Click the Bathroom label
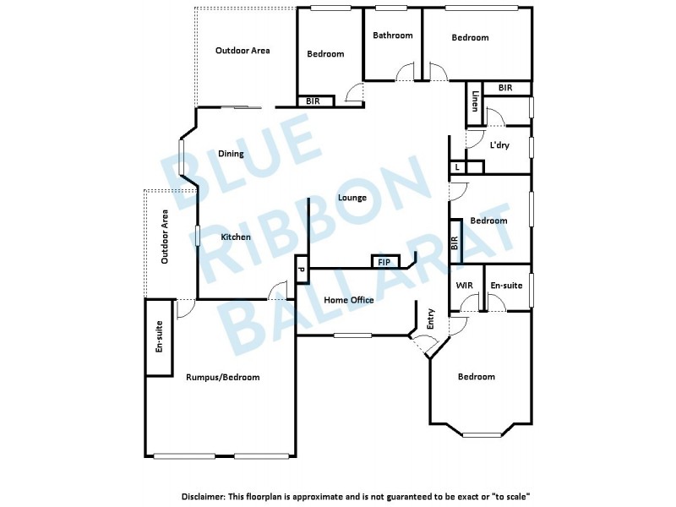pyautogui.click(x=393, y=35)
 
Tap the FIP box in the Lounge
pyautogui.click(x=384, y=263)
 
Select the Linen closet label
pyautogui.click(x=476, y=102)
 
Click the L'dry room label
pyautogui.click(x=499, y=145)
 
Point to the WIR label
pyautogui.click(x=465, y=286)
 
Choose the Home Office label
pyautogui.click(x=349, y=300)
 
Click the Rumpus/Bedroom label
pyautogui.click(x=222, y=377)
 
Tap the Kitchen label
pyautogui.click(x=236, y=237)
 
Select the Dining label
pyautogui.click(x=231, y=154)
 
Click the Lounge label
pyautogui.click(x=352, y=198)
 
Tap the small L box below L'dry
pyautogui.click(x=457, y=167)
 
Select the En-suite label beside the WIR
pyautogui.click(x=506, y=286)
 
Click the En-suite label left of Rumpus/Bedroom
pyautogui.click(x=159, y=337)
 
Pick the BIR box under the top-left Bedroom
pyautogui.click(x=313, y=101)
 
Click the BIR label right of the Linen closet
pyautogui.click(x=505, y=88)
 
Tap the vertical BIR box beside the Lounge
pyautogui.click(x=455, y=243)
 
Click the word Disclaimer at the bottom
pyautogui.click(x=204, y=497)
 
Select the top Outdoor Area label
pyautogui.click(x=243, y=51)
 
